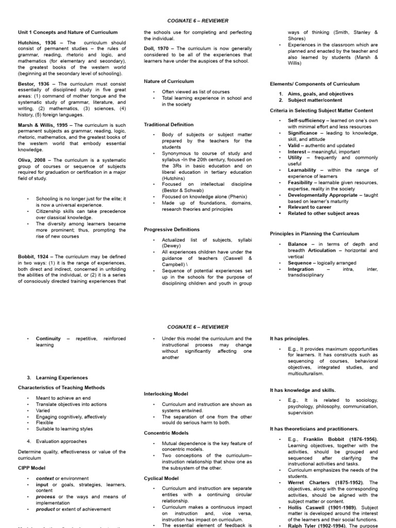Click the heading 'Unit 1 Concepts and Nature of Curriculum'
coord(68,32)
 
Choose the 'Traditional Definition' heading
coord(169,124)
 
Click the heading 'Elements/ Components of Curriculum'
coord(315,84)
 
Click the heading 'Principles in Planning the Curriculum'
coord(315,234)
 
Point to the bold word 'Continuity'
coord(48,339)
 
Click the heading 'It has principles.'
coord(289,338)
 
